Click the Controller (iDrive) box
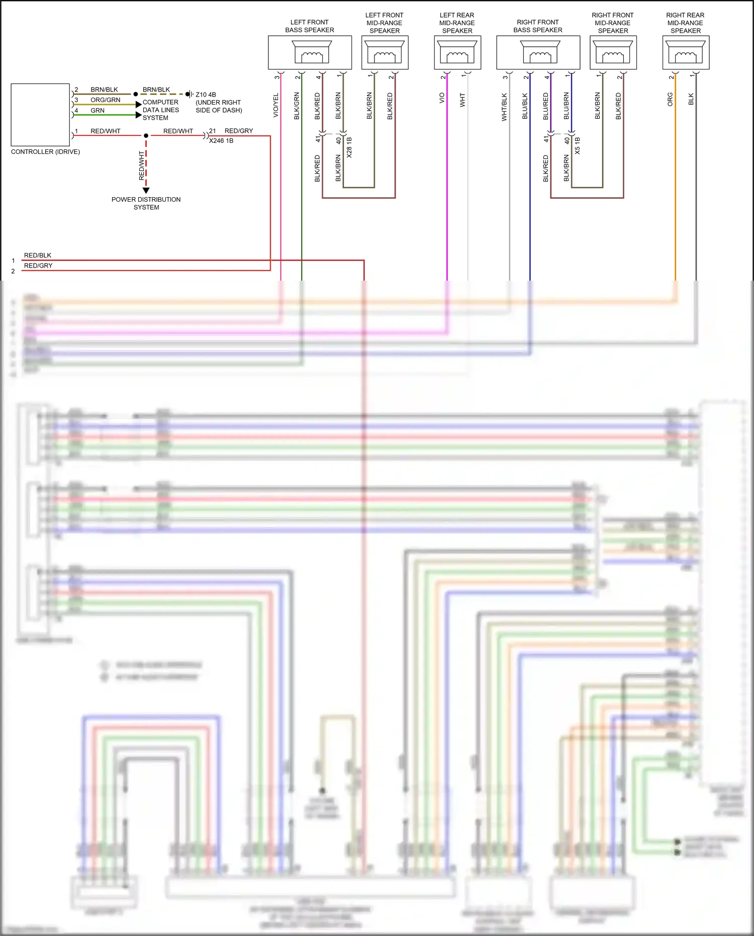pos(40,115)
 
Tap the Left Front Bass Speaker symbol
pos(312,52)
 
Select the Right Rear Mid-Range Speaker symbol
pos(686,52)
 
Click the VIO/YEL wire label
pos(275,106)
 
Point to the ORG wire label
pos(670,99)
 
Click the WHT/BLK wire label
pos(504,107)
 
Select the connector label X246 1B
pos(221,141)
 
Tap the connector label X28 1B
pos(349,147)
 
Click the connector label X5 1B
pos(578,145)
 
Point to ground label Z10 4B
pos(206,95)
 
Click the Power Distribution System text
pos(146,203)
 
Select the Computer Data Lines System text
pos(160,110)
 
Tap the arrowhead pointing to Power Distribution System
pos(146,191)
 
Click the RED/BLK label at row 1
pos(38,256)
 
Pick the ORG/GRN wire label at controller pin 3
pos(105,100)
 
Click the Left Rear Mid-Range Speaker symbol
pos(457,52)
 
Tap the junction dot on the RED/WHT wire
pos(146,136)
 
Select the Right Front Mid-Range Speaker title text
pos(613,23)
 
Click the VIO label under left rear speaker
pos(442,98)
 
